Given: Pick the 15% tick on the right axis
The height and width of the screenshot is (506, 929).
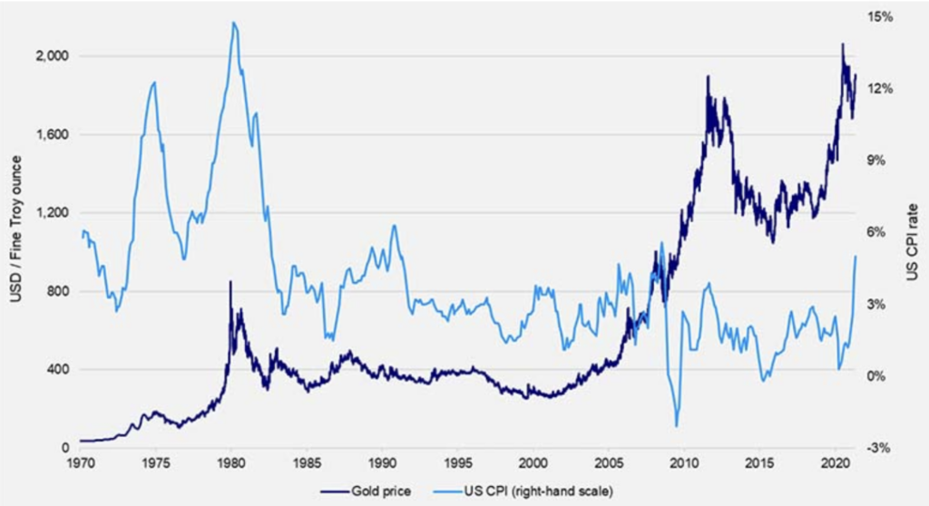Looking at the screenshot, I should pos(881,16).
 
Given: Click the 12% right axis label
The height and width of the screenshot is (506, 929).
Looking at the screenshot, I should pos(881,88).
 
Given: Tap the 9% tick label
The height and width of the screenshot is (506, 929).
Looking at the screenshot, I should pos(878,160).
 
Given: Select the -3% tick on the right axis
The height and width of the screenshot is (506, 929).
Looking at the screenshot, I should pos(878,448).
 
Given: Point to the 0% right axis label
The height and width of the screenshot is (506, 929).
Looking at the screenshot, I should pos(878,375).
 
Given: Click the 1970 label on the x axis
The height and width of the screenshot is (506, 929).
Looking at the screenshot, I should pos(80,464).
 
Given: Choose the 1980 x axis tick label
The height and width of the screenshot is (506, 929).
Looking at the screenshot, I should pos(230,464).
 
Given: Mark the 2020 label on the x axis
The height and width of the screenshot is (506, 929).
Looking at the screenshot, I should pos(835,464).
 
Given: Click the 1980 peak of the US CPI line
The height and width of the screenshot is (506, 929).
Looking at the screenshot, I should pos(234,23).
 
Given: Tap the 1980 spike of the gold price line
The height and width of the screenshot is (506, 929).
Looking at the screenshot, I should pos(230,282).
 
